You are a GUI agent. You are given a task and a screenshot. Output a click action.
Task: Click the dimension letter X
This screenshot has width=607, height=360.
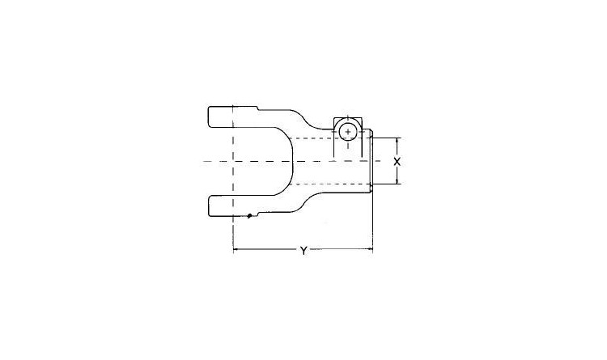397,162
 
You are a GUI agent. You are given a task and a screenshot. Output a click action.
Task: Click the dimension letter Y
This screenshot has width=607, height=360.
303,251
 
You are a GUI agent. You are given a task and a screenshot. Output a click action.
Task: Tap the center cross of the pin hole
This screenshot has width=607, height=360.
348,132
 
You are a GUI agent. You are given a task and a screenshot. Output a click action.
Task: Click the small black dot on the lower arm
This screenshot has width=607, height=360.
250,216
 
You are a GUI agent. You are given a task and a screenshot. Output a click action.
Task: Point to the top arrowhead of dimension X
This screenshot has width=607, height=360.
397,140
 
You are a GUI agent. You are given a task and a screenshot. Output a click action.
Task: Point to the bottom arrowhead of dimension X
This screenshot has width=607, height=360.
397,182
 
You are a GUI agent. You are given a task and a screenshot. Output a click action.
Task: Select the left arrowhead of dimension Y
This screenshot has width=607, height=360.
236,250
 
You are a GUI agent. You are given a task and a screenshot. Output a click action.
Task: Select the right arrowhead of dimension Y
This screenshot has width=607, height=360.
370,250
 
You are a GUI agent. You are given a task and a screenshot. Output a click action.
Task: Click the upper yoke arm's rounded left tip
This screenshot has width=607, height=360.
209,116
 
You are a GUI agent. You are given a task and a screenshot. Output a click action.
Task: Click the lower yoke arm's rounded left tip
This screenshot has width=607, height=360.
209,206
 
